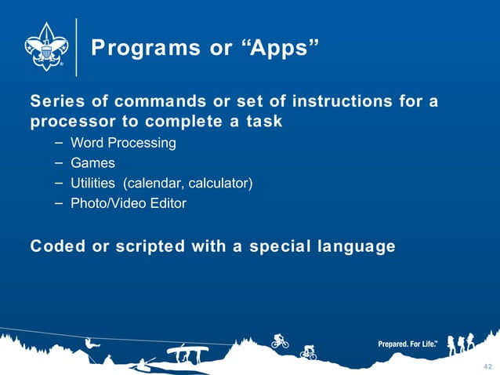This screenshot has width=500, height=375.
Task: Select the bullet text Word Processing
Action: coord(123,143)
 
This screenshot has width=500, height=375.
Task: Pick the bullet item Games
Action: coord(92,163)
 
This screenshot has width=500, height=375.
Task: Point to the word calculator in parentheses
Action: coord(219,184)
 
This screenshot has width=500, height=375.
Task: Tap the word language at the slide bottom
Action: coord(357,246)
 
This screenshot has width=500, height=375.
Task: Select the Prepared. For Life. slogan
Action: coord(408,344)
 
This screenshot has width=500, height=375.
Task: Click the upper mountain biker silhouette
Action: coord(280,340)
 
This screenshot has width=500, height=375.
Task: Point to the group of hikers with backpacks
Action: coord(462,344)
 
